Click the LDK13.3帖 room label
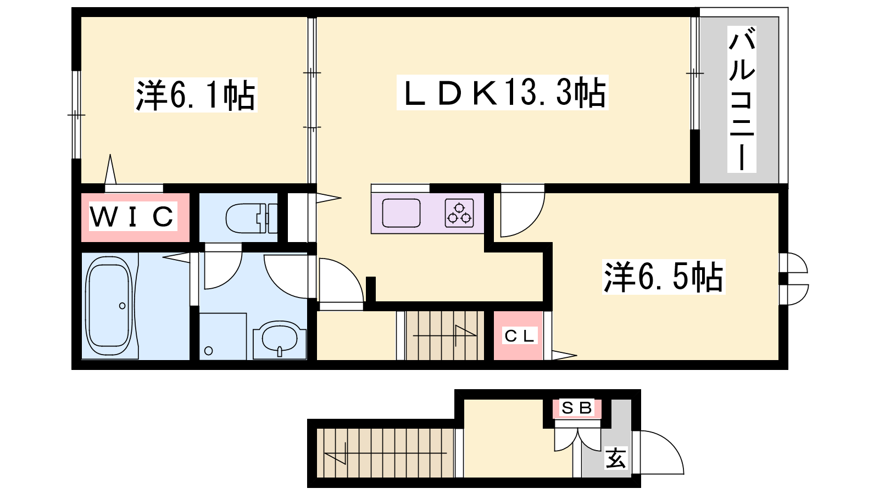(503, 93)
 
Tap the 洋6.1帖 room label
(196, 96)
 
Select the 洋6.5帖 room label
(663, 277)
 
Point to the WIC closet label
(132, 216)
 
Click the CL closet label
(519, 336)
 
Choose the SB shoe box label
(576, 408)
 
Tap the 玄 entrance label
(615, 458)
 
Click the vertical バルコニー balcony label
(742, 99)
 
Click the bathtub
(109, 306)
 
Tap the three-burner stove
(459, 213)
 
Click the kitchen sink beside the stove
(401, 213)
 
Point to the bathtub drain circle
(123, 306)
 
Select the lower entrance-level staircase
(386, 453)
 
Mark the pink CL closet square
(518, 335)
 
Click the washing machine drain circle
(209, 351)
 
